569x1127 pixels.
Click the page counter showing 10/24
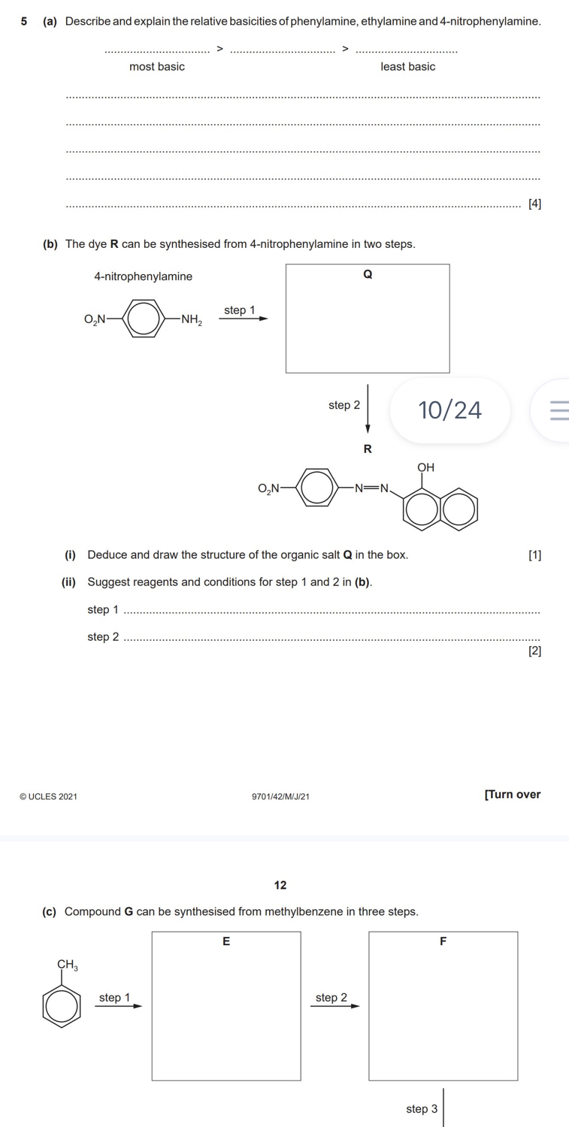pos(449,410)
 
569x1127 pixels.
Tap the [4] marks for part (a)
pos(534,204)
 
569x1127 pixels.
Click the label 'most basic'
pos(157,66)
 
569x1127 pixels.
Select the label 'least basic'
pos(408,66)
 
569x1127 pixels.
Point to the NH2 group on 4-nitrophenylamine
pos(192,319)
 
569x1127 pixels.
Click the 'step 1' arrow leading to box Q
pos(244,319)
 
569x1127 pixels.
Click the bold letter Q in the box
pos(368,274)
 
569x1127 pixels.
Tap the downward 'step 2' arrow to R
pos(368,409)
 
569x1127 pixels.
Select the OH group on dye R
pos(425,467)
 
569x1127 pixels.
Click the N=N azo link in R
pos(371,488)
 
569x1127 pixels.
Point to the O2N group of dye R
pos(268,488)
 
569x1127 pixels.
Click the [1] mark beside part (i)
pos(534,555)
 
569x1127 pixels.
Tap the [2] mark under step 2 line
pos(534,651)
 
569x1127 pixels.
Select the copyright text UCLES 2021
pos(48,796)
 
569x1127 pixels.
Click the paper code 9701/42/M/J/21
pos(280,796)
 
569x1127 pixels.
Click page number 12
pos(280,885)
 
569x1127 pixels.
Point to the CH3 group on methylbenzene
pos(68,965)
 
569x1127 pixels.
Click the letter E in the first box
pos(226,941)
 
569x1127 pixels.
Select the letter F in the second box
pos(443,941)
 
